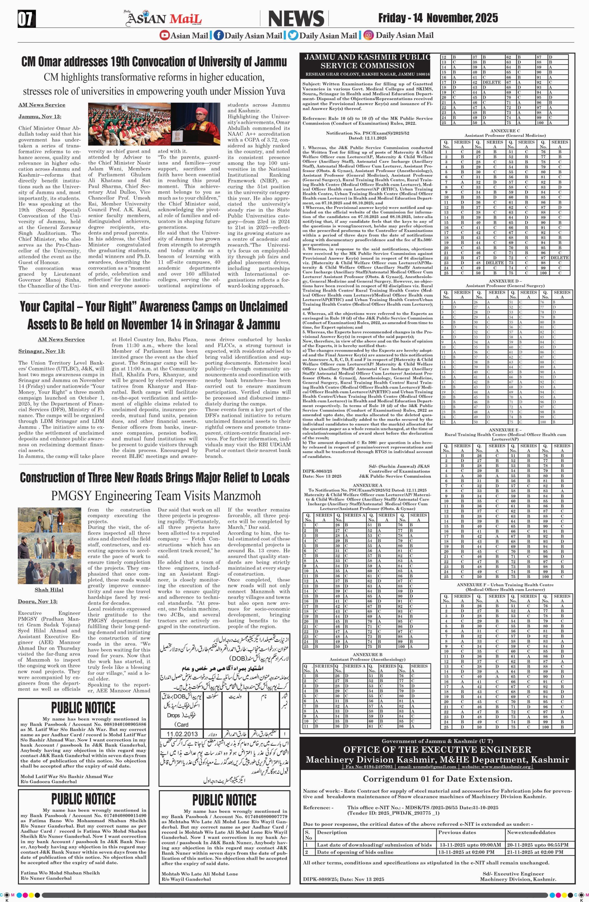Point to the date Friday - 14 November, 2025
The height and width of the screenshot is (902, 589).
pos(438,18)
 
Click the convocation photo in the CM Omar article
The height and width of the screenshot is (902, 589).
pos(154,124)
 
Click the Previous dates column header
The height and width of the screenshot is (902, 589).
pos(457,832)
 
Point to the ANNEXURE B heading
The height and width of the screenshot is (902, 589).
pos(367,654)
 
